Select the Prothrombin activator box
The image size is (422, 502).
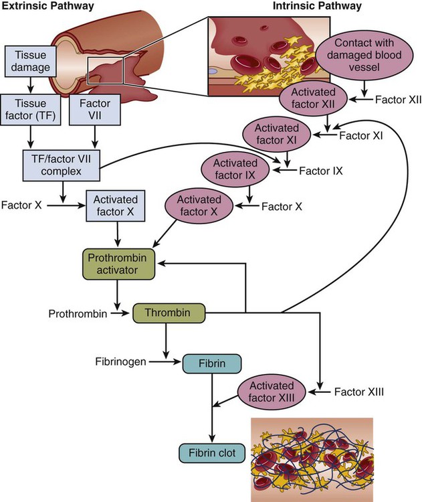118,264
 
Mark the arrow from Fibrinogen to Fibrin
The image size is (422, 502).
166,363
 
